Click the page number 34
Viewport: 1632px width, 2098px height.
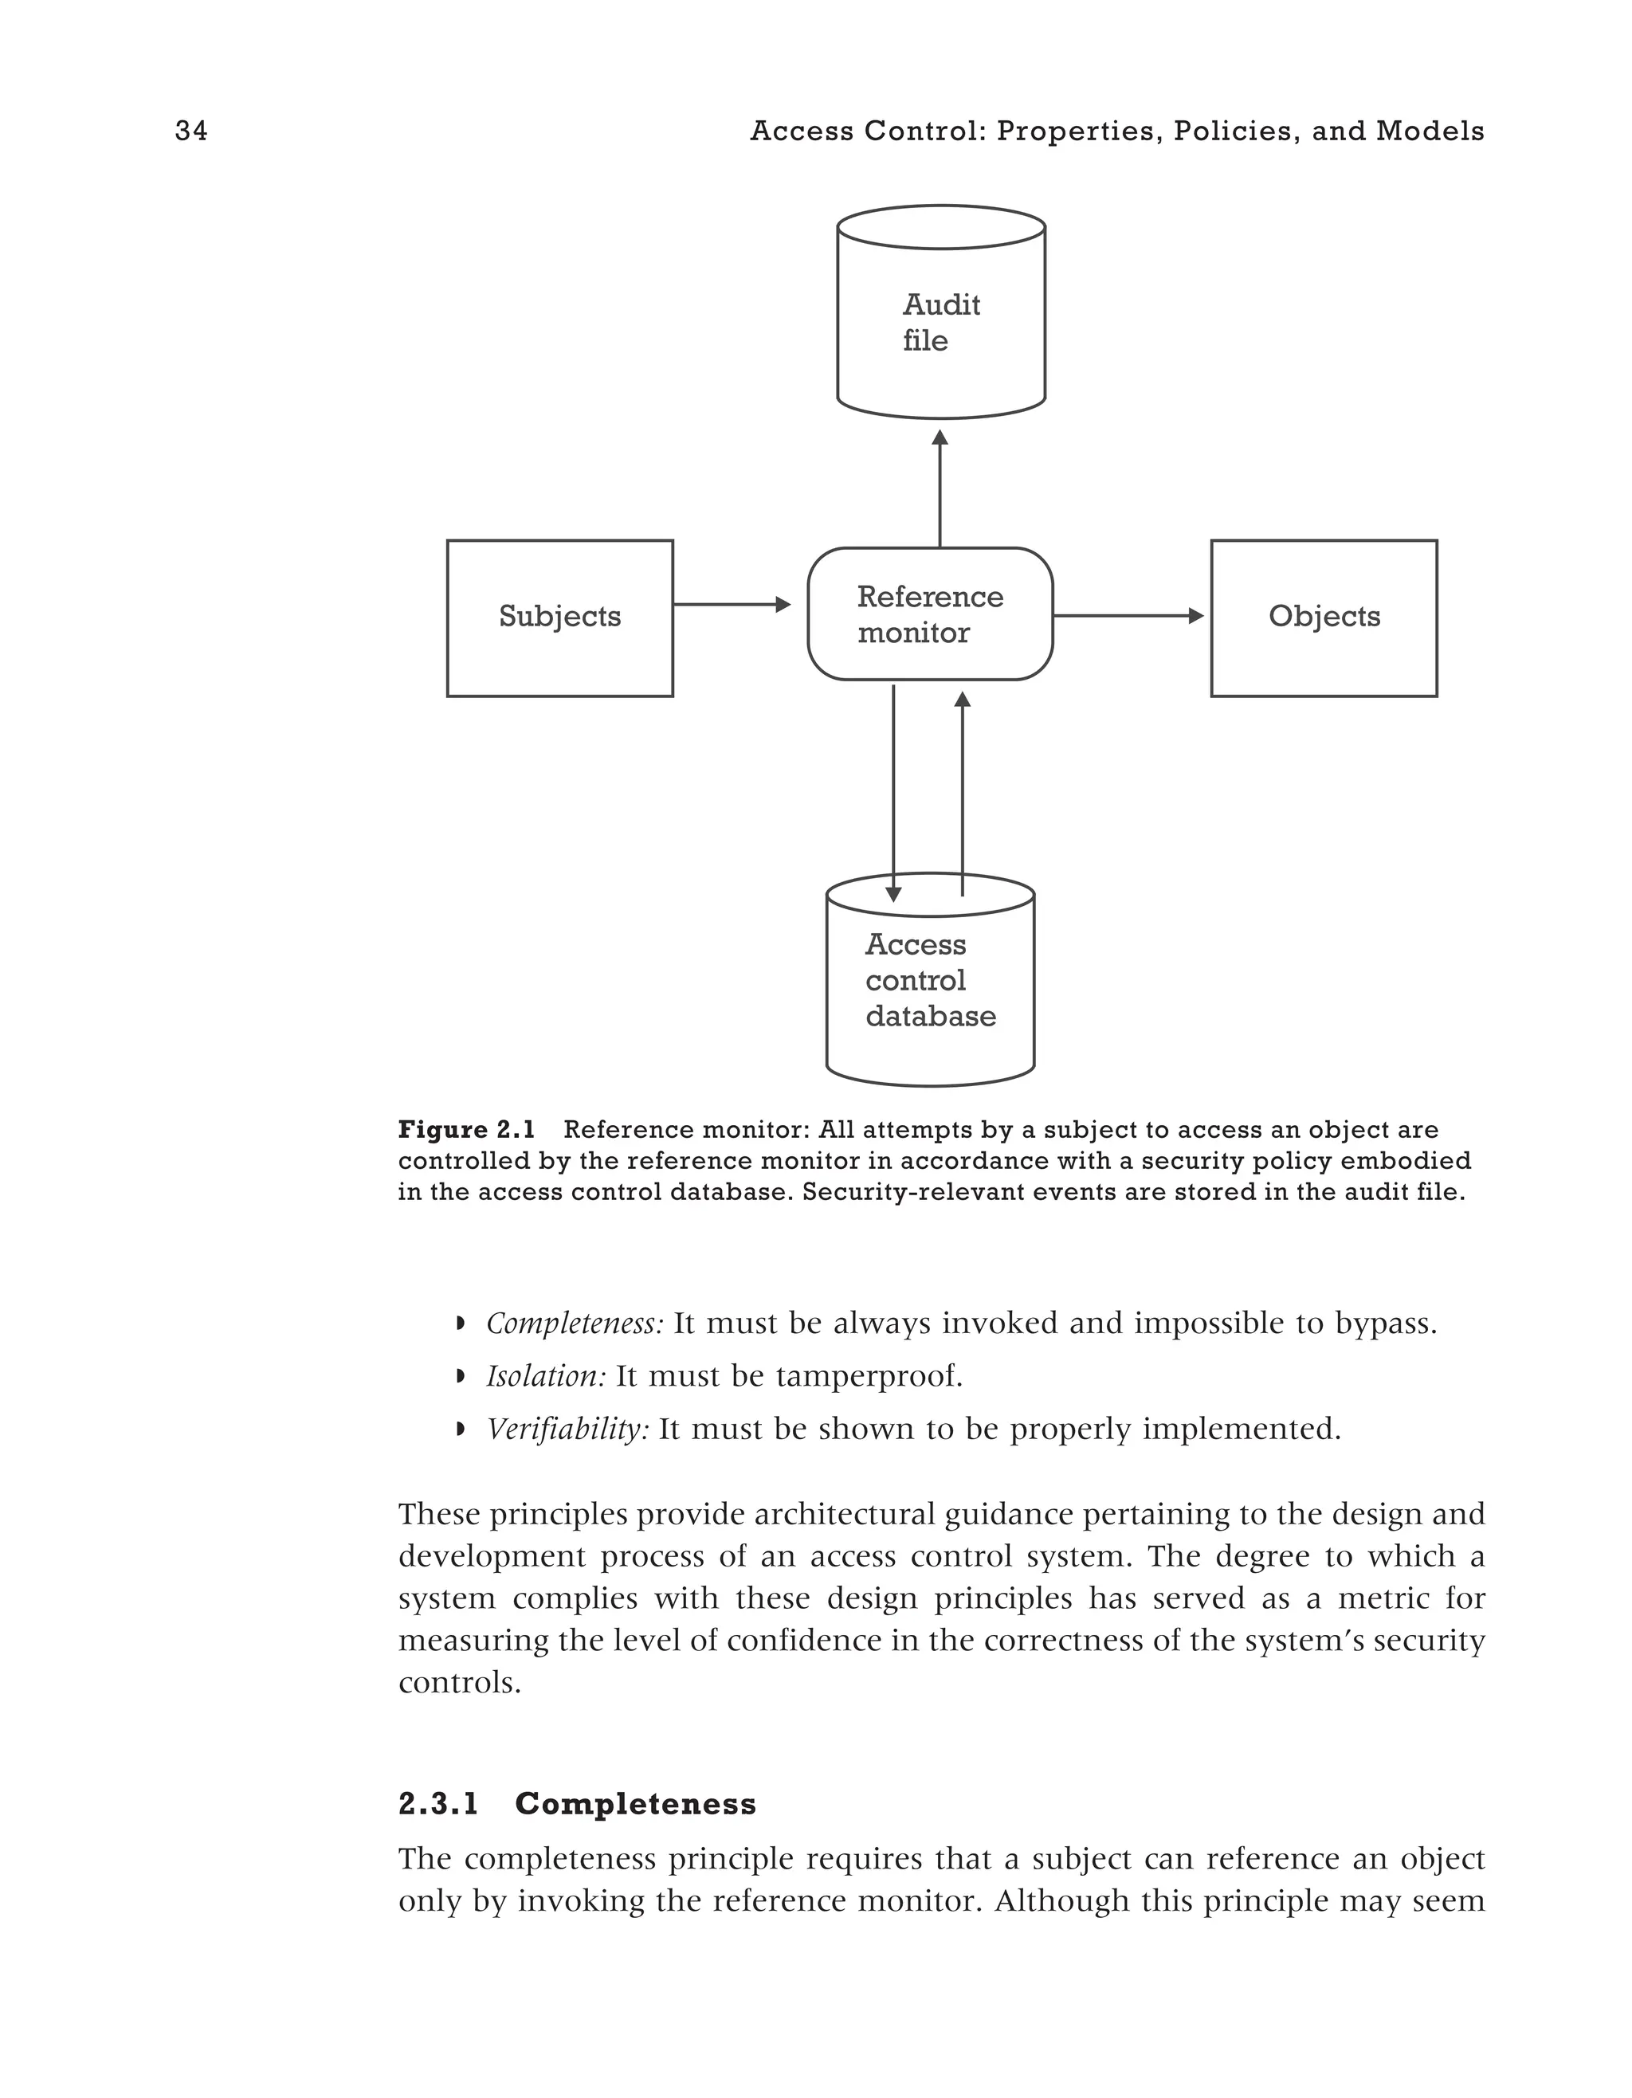point(191,131)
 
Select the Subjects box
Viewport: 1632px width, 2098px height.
point(559,618)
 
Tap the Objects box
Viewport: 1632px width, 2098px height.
point(1323,618)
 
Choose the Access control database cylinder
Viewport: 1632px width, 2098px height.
point(930,990)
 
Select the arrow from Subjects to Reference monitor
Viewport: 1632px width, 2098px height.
point(730,604)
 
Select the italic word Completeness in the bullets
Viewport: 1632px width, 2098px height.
point(575,1324)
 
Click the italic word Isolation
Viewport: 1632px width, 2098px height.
point(546,1377)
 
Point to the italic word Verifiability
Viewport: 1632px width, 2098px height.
point(567,1429)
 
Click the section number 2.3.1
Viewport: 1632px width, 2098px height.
point(439,1804)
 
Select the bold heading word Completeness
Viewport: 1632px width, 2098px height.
point(636,1804)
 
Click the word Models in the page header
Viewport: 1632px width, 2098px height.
point(1430,131)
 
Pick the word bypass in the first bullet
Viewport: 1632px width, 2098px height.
point(1385,1324)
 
